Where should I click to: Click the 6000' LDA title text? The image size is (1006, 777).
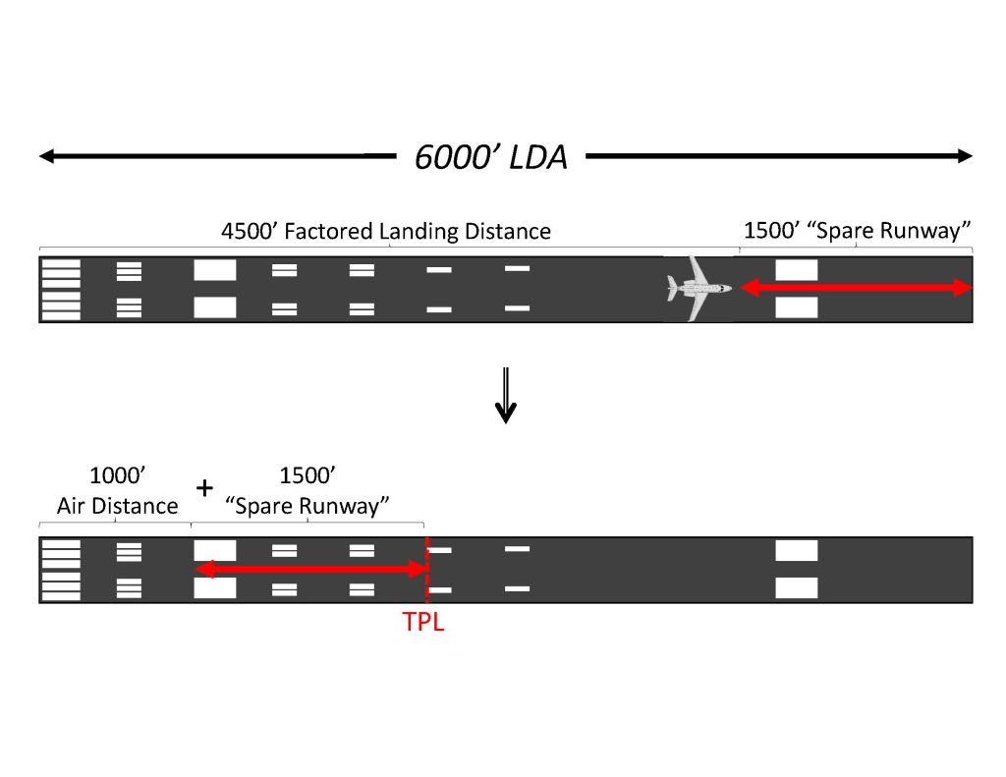tap(491, 157)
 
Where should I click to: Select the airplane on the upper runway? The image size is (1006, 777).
tap(699, 288)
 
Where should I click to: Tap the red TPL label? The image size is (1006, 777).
tap(422, 621)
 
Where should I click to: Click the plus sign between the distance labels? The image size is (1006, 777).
tap(204, 488)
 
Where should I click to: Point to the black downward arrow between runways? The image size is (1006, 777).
tap(506, 395)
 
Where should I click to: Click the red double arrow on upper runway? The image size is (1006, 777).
tap(857, 288)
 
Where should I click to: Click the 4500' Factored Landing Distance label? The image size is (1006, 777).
tap(385, 231)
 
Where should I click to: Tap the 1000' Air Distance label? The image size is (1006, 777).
tap(118, 491)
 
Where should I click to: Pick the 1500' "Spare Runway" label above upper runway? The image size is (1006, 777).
tap(857, 230)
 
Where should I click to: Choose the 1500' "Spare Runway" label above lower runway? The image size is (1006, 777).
tap(307, 491)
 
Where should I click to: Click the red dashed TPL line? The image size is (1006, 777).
tap(426, 570)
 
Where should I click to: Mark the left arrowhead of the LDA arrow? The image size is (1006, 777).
tap(46, 156)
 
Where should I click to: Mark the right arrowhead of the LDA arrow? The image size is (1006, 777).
tap(966, 156)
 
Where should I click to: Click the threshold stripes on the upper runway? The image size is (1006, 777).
tap(61, 290)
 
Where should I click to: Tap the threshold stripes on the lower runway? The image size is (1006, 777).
tap(61, 570)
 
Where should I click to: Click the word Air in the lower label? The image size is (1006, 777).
tap(72, 506)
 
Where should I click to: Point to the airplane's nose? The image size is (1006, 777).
tap(730, 288)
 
